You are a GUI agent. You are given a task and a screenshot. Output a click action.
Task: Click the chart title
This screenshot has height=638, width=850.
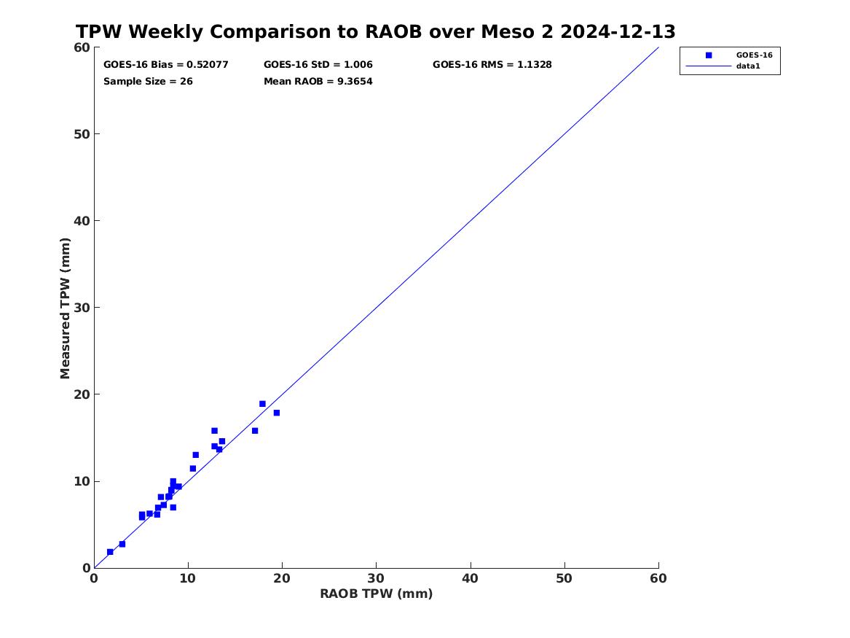pos(376,31)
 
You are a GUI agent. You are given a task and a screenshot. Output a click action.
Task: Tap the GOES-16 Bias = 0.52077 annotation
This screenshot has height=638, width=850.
pos(166,65)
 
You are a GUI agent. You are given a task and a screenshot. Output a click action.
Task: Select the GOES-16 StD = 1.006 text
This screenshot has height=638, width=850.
pos(318,65)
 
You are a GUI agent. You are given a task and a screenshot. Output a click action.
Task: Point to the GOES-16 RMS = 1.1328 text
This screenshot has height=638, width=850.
pos(492,65)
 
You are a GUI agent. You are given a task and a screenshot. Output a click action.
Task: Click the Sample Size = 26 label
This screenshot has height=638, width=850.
pos(148,82)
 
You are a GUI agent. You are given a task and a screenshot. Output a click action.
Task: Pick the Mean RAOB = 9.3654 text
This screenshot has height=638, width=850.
pos(318,82)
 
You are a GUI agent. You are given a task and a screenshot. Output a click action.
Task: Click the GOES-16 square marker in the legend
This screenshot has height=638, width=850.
pos(709,55)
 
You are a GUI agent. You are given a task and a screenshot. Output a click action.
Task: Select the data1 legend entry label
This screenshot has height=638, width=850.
pos(748,66)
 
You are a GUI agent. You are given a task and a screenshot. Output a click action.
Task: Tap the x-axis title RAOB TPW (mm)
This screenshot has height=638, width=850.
pos(377,594)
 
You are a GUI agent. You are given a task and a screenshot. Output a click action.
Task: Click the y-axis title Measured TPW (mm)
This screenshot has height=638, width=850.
pos(65,308)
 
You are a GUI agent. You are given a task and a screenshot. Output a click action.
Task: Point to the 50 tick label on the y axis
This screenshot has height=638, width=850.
pos(82,134)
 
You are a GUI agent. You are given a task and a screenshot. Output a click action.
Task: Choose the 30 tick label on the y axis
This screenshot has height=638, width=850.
pos(82,308)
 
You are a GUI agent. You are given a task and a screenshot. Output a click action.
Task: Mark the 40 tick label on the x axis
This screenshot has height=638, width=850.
pos(470,578)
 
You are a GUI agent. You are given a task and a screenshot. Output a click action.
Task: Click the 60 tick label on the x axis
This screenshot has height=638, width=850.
pos(658,578)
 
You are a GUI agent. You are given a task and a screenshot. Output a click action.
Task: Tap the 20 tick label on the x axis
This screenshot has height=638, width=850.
pos(282,578)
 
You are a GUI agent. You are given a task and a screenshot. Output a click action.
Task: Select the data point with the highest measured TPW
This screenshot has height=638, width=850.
pos(262,404)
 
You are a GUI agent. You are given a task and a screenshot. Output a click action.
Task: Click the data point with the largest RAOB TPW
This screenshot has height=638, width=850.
pos(277,413)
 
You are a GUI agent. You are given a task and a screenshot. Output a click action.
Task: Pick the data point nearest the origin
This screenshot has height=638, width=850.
pos(110,552)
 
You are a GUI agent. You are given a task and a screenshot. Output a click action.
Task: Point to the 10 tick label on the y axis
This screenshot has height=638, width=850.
pos(82,481)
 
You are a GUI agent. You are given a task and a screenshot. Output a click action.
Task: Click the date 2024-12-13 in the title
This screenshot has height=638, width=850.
pos(618,31)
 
